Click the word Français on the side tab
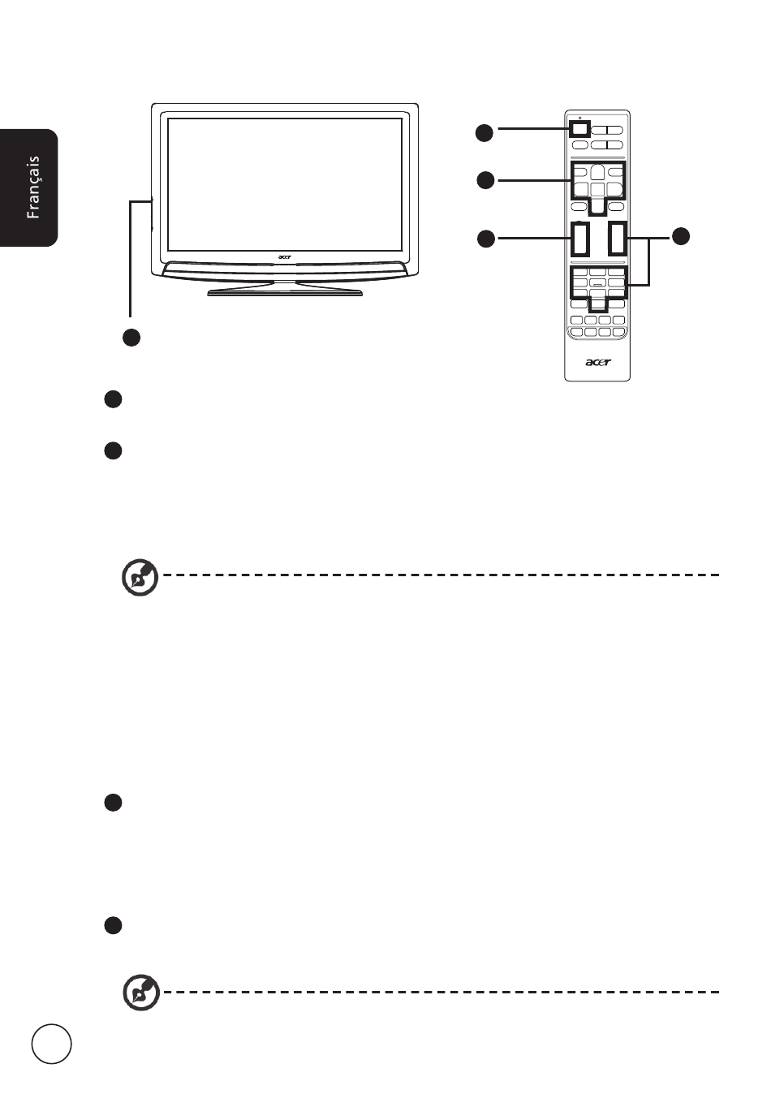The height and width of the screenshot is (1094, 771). point(33,187)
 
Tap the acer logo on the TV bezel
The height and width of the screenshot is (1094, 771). point(284,256)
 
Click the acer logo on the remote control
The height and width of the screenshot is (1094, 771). point(597,362)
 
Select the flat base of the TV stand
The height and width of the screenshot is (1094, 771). point(285,293)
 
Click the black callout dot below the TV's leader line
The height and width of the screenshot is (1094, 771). point(131,338)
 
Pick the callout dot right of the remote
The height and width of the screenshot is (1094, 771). point(681,236)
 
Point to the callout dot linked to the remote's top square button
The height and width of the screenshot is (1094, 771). point(485,133)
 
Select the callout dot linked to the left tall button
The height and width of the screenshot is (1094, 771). point(486,239)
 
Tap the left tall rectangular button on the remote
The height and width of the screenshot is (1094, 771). point(580,239)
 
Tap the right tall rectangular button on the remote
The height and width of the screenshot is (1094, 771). point(617,239)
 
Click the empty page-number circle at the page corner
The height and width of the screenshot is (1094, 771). point(51,1044)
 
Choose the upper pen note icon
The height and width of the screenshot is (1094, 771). point(140,577)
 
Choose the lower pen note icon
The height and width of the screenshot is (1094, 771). point(141,992)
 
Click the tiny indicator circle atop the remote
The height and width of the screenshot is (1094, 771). point(579,118)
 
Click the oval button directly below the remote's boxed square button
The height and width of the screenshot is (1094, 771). point(579,144)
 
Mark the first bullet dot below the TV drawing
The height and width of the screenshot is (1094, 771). point(114,399)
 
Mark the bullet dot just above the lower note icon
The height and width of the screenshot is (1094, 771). point(114,925)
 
